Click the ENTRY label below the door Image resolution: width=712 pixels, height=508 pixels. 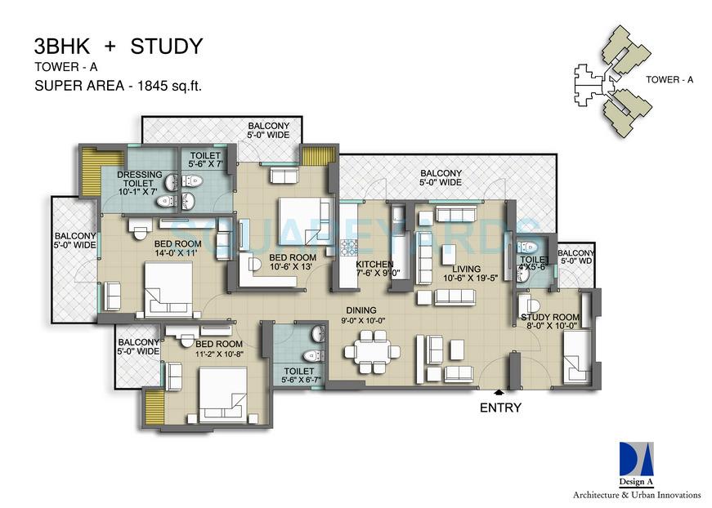(x=500, y=407)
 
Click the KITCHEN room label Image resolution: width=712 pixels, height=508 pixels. (x=374, y=265)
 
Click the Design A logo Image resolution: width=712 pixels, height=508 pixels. (x=636, y=461)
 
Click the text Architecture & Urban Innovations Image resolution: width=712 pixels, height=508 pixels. (x=636, y=495)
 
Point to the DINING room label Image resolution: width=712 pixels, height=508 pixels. (x=360, y=310)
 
